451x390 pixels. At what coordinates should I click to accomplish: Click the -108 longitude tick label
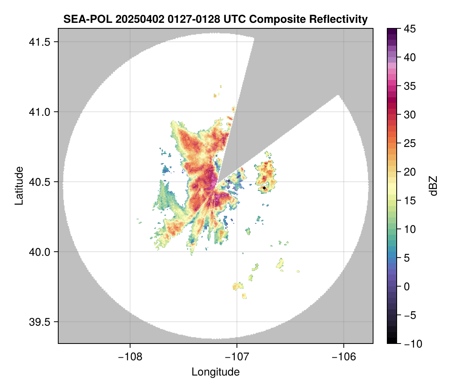coord(129,357)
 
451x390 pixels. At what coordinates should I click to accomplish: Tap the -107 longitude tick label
coord(237,357)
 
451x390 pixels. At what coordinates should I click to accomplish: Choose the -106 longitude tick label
coord(344,357)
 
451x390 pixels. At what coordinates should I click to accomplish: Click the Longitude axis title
coord(215,372)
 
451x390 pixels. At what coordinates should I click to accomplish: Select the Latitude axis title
coord(18,186)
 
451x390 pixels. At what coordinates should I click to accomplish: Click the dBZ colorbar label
coord(433,186)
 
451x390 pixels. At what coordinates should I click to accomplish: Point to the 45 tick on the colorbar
coord(410,29)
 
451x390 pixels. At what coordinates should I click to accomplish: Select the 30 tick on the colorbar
coord(410,115)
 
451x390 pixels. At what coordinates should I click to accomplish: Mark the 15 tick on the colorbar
coord(410,201)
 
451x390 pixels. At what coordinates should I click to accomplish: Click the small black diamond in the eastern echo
coord(264,188)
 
